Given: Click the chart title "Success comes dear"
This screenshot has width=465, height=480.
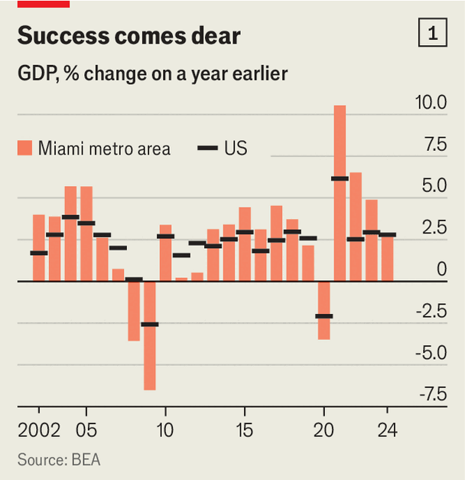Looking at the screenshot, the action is coord(128,35).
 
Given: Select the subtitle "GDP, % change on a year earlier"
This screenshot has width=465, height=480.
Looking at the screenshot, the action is coord(152,73).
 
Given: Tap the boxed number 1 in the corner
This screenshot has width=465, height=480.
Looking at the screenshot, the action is coord(433,32).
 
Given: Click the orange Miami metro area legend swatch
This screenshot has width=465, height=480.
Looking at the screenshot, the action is coord(24,148).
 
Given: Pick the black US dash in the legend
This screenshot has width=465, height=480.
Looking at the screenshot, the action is coord(207,149).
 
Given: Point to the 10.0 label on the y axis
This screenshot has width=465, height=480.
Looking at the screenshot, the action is coord(431,103).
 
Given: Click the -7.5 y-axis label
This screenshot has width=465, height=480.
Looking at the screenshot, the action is coord(433,394).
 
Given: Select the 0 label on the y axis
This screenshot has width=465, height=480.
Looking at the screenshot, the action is coord(442,269).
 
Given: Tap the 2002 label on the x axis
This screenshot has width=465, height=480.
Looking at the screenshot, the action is coord(39,430).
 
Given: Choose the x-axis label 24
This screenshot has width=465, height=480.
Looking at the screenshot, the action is coord(387,430).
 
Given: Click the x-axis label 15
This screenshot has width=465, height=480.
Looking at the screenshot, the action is coord(245,430).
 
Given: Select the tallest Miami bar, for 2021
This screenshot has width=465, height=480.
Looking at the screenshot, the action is coord(340,193).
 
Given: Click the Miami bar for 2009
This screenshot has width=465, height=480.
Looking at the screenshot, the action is coord(150,335).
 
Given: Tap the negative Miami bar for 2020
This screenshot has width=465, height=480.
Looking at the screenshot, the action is coord(324,310).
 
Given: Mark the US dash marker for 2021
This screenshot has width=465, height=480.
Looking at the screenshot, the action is coord(340,178).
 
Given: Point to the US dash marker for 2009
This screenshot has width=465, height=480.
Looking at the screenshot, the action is coord(150,324).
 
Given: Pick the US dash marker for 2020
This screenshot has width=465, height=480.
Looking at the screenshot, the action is coord(324,316).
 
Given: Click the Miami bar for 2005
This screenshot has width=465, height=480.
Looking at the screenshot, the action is coord(86,233).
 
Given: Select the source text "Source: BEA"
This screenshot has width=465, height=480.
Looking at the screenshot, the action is coord(59,460).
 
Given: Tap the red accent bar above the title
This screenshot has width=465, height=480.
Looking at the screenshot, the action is coord(44,4).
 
